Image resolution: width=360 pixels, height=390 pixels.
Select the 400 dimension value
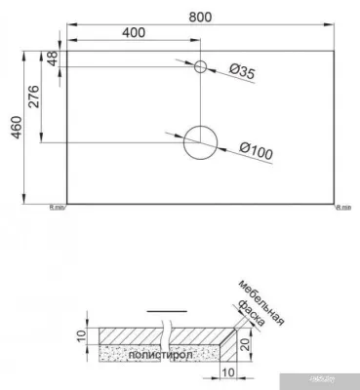[135, 32]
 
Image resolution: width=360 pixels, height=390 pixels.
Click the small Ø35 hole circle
[201, 66]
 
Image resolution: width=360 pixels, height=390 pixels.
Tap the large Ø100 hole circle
[201, 143]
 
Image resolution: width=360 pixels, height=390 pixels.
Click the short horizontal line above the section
[158, 312]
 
